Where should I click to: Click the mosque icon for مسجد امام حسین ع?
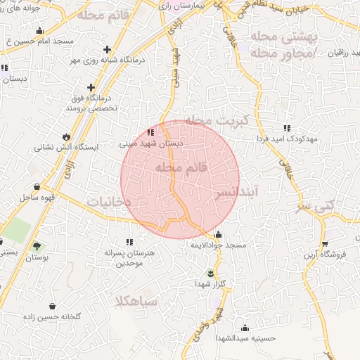pyautogui.click(x=39, y=30)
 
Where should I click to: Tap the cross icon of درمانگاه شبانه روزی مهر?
pyautogui.click(x=106, y=49)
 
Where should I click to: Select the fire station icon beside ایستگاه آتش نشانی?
pyautogui.click(x=67, y=136)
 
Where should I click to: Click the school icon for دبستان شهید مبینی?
pyautogui.click(x=151, y=131)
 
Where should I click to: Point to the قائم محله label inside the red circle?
pyautogui.click(x=181, y=168)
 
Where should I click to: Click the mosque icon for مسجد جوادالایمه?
pyautogui.click(x=218, y=235)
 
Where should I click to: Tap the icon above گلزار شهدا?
pyautogui.click(x=210, y=273)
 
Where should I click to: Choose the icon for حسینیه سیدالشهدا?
pyautogui.click(x=245, y=328)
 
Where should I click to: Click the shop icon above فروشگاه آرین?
pyautogui.click(x=324, y=243)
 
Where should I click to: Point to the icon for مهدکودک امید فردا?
pyautogui.click(x=286, y=128)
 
